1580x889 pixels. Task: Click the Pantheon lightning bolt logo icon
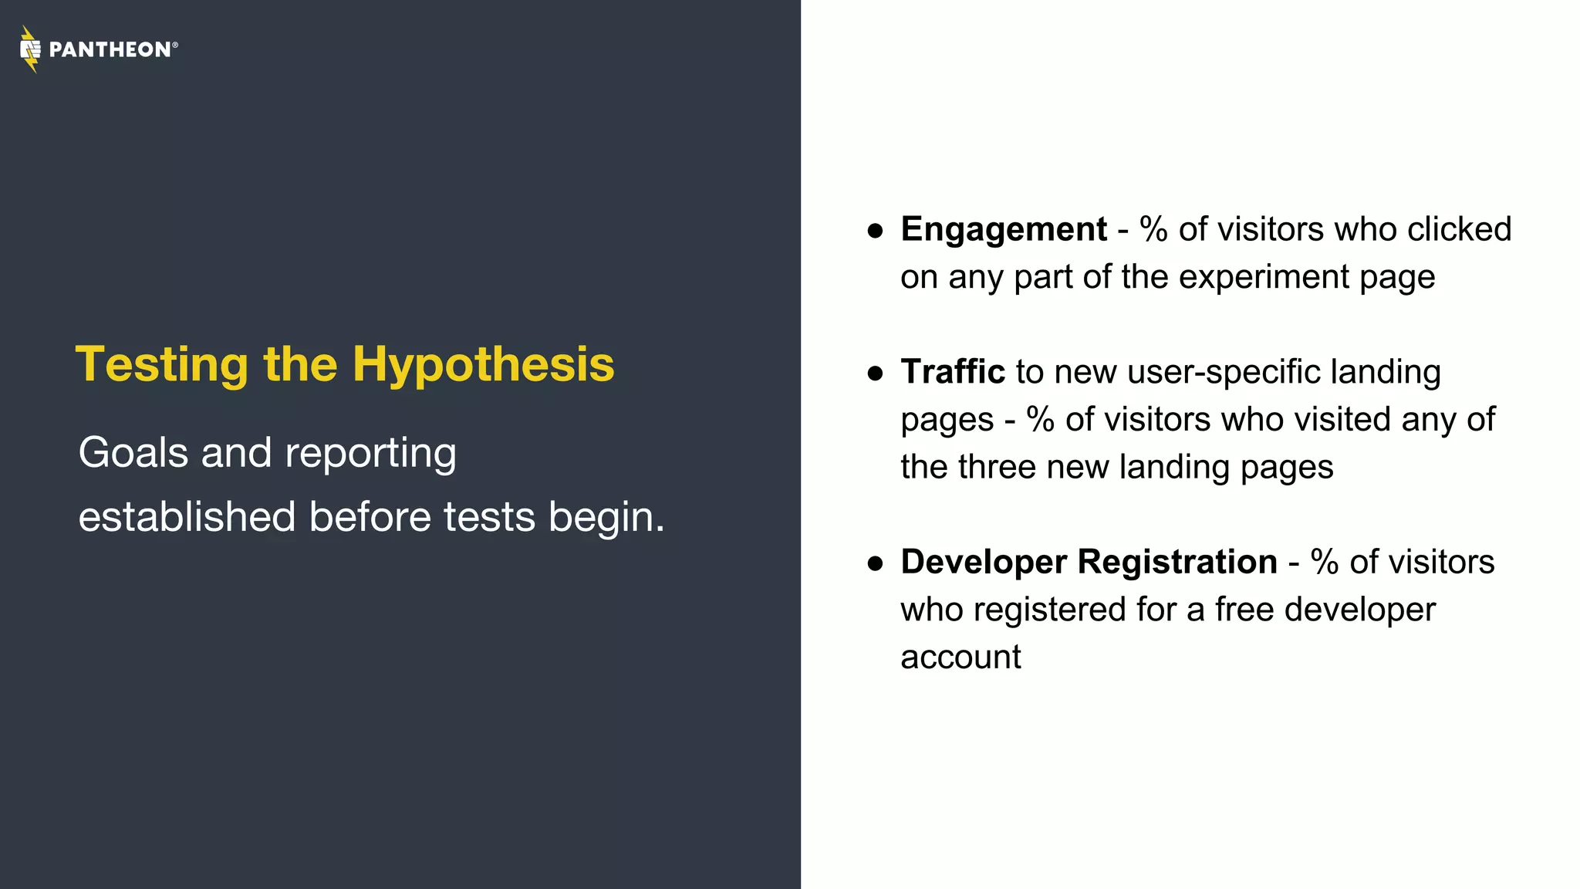(30, 49)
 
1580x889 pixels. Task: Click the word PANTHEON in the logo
(110, 50)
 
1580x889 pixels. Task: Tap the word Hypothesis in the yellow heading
(483, 364)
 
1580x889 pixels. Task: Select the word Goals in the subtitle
(133, 452)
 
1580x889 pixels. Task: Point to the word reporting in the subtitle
(370, 454)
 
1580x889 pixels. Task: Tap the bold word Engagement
(1003, 230)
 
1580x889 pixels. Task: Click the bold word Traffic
(952, 372)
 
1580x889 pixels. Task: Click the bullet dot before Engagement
(875, 231)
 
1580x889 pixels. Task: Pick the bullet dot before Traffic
(875, 374)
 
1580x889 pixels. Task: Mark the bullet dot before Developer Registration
(875, 563)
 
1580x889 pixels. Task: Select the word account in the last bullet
(960, 657)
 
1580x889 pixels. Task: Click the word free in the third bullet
(1244, 610)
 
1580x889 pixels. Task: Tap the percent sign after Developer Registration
(1324, 562)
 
